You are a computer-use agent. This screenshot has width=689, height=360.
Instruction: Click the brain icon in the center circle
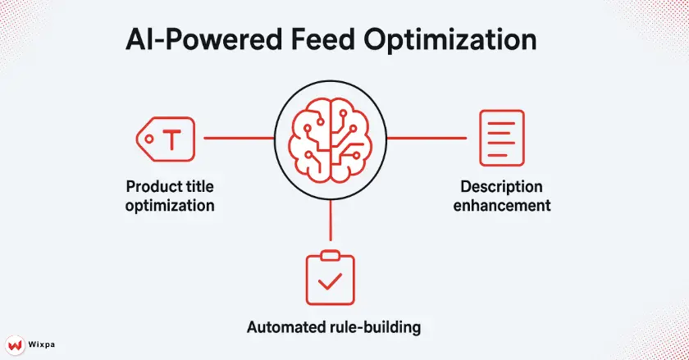click(x=331, y=137)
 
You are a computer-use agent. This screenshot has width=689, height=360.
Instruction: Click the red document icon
click(x=501, y=137)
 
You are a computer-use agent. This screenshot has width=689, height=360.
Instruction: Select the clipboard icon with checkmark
click(x=330, y=279)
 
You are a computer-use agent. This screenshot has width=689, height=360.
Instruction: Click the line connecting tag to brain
click(x=238, y=138)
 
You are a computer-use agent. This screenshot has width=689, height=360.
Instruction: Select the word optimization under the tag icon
click(x=170, y=205)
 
